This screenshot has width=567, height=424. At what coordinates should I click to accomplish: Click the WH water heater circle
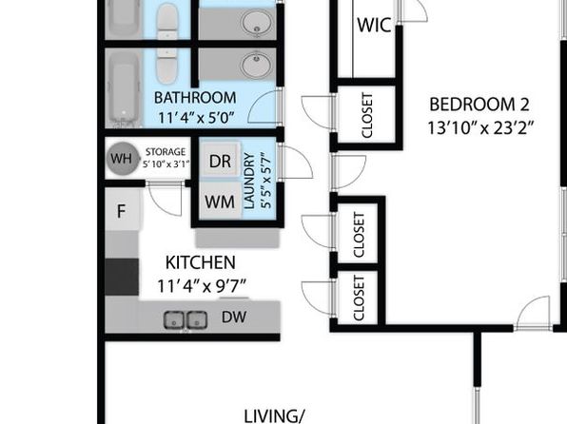tap(121, 159)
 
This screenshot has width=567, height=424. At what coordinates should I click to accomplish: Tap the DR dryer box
tap(220, 160)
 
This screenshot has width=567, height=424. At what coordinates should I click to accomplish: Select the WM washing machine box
tap(220, 201)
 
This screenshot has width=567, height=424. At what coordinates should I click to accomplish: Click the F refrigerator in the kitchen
tap(122, 210)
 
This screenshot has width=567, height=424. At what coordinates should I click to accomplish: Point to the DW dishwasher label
tap(234, 317)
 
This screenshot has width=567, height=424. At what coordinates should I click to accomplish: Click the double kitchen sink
tap(186, 319)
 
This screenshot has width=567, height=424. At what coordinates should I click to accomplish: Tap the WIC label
tap(374, 26)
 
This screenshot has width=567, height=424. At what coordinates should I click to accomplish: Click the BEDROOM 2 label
tap(479, 105)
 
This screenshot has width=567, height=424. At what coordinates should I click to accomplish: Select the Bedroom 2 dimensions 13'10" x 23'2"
tap(480, 128)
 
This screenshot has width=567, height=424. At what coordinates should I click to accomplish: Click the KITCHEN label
tap(201, 262)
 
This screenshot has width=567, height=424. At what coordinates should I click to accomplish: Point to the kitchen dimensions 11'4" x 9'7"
tap(202, 287)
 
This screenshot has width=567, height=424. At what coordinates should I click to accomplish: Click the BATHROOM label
tap(195, 98)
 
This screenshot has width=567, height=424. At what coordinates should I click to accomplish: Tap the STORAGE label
tap(166, 152)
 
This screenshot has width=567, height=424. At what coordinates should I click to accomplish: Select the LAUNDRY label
tap(249, 181)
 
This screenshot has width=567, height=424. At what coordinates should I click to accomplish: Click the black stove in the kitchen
tap(122, 277)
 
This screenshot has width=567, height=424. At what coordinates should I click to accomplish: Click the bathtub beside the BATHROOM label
tap(124, 88)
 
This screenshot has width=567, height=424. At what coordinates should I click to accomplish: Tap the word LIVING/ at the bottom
tap(274, 416)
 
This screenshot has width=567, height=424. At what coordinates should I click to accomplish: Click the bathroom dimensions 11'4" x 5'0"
tap(196, 118)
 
